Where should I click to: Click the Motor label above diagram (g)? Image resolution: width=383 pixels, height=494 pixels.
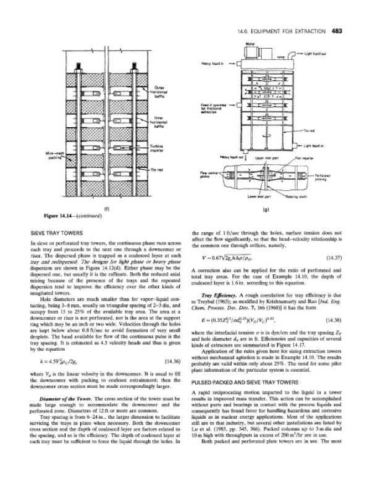pyautogui.click(x=250, y=43)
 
